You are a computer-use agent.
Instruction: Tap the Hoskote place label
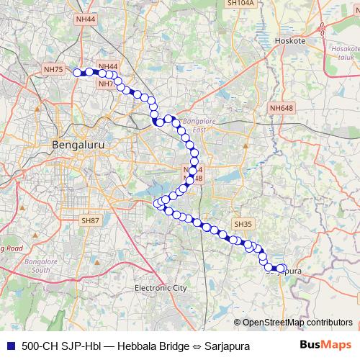292,41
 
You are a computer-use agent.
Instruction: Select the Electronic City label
161,288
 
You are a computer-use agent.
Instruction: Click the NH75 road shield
54,69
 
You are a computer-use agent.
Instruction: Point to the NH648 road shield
282,108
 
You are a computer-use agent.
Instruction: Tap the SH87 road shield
91,220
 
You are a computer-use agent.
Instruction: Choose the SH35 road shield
243,225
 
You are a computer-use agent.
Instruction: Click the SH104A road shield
240,3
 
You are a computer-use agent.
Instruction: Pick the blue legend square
10,346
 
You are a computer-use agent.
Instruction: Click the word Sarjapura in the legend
227,346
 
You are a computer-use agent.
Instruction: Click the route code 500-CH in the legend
40,346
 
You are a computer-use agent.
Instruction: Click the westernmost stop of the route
81,72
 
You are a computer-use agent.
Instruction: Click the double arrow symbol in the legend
194,346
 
